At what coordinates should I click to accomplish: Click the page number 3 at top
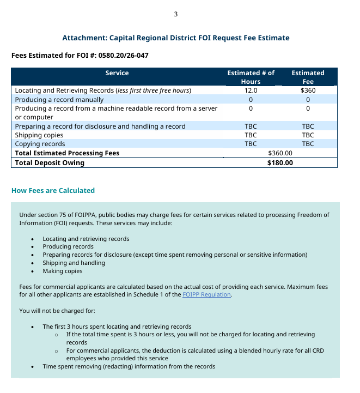click(175, 14)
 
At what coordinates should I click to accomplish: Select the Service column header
click(117, 73)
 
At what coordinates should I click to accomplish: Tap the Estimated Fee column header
click(308, 77)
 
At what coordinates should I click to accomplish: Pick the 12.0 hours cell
click(251, 90)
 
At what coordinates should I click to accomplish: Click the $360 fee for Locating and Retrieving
click(308, 90)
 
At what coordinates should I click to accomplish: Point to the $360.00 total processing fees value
click(280, 153)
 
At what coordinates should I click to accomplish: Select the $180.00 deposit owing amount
click(280, 162)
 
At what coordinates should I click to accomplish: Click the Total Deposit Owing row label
click(50, 162)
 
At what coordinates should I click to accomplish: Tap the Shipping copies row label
click(39, 135)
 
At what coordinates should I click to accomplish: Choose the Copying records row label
click(40, 144)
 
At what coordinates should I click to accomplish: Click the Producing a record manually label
click(59, 100)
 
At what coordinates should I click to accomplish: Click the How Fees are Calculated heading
click(53, 191)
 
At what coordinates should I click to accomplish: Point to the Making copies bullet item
click(63, 271)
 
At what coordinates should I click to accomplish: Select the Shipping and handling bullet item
click(74, 263)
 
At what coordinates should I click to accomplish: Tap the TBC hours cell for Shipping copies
click(251, 135)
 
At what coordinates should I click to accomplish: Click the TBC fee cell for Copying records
click(308, 144)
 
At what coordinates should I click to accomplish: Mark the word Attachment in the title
click(84, 38)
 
